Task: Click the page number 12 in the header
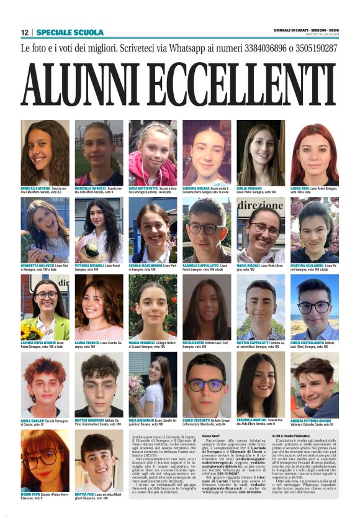[x=24, y=32]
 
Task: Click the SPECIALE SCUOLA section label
[x=61, y=32]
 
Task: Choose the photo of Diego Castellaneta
[x=315, y=307]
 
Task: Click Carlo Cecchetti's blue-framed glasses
[x=206, y=385]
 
